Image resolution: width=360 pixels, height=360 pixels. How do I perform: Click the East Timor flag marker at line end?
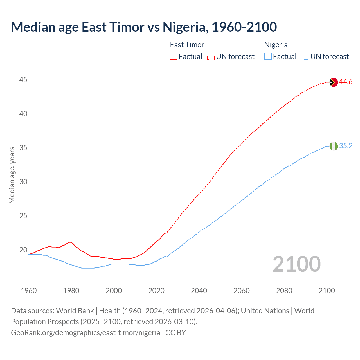pos(334,82)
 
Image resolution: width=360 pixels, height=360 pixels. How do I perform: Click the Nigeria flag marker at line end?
pos(334,146)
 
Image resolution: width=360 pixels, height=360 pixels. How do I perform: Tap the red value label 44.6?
pos(346,82)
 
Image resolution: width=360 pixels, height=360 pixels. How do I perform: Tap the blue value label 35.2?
pos(346,146)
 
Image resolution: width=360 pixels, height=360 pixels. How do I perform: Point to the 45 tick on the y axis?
pos(23,80)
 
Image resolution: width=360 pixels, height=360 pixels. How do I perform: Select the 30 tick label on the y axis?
pos(23,182)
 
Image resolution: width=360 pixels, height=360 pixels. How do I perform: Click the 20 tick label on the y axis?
pos(23,250)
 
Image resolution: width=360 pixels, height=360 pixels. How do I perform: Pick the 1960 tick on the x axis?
pos(29,291)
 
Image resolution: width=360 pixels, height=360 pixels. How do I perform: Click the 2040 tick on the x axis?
pos(199,291)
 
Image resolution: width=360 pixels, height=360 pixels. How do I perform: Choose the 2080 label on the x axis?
pos(284,291)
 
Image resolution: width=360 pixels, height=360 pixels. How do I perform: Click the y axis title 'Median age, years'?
pos(12,175)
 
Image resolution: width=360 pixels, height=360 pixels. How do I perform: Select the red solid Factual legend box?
pos(174,57)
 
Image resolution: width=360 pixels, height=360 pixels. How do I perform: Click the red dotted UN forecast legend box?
pos(211,57)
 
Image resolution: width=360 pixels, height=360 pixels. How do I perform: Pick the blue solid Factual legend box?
pos(268,57)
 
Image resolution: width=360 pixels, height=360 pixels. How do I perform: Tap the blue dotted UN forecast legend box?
pos(305,57)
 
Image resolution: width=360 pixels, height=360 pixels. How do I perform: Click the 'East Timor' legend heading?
pos(187,45)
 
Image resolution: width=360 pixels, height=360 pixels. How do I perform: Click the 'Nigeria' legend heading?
pos(276,45)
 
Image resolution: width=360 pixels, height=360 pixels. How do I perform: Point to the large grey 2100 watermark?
pos(297,264)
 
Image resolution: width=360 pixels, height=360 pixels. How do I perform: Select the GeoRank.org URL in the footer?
pos(85,333)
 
